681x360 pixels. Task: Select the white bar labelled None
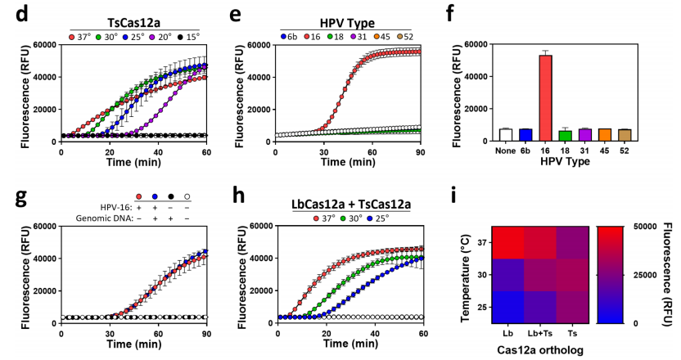click(x=507, y=135)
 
